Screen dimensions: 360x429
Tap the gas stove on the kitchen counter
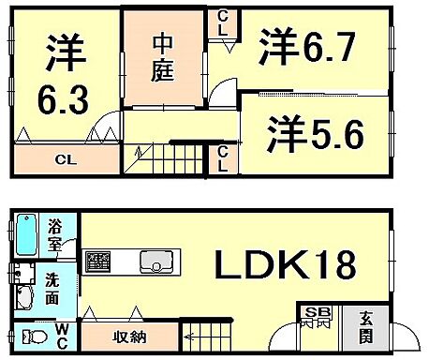point(99,260)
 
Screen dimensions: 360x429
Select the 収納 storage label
point(129,335)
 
